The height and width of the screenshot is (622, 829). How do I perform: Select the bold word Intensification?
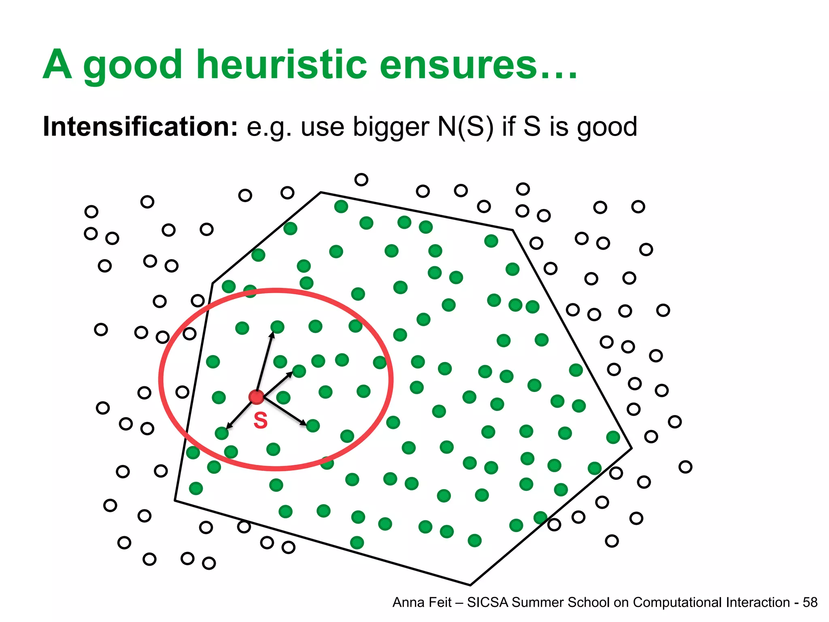[140, 126]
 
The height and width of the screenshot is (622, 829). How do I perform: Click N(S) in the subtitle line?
[466, 127]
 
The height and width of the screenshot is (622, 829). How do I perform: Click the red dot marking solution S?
[256, 397]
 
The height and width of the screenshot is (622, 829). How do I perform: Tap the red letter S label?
[260, 420]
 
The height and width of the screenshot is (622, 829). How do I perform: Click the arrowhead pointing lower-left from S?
[229, 426]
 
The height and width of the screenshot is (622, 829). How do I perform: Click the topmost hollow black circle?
[361, 179]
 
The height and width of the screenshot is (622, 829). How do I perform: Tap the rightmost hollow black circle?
[685, 467]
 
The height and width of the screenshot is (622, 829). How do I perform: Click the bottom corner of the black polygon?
[470, 585]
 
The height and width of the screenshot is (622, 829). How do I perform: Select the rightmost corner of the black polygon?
[631, 448]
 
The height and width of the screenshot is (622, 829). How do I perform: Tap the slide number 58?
[810, 603]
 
